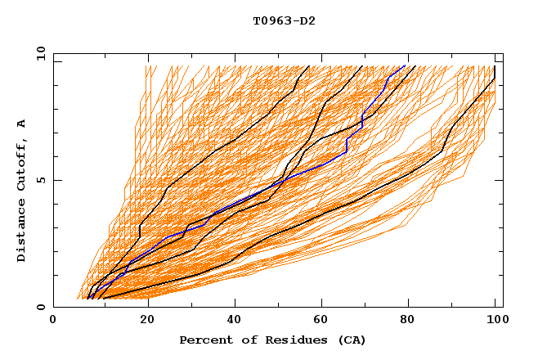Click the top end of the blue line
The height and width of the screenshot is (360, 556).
405,65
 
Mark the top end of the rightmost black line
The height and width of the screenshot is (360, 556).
495,67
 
